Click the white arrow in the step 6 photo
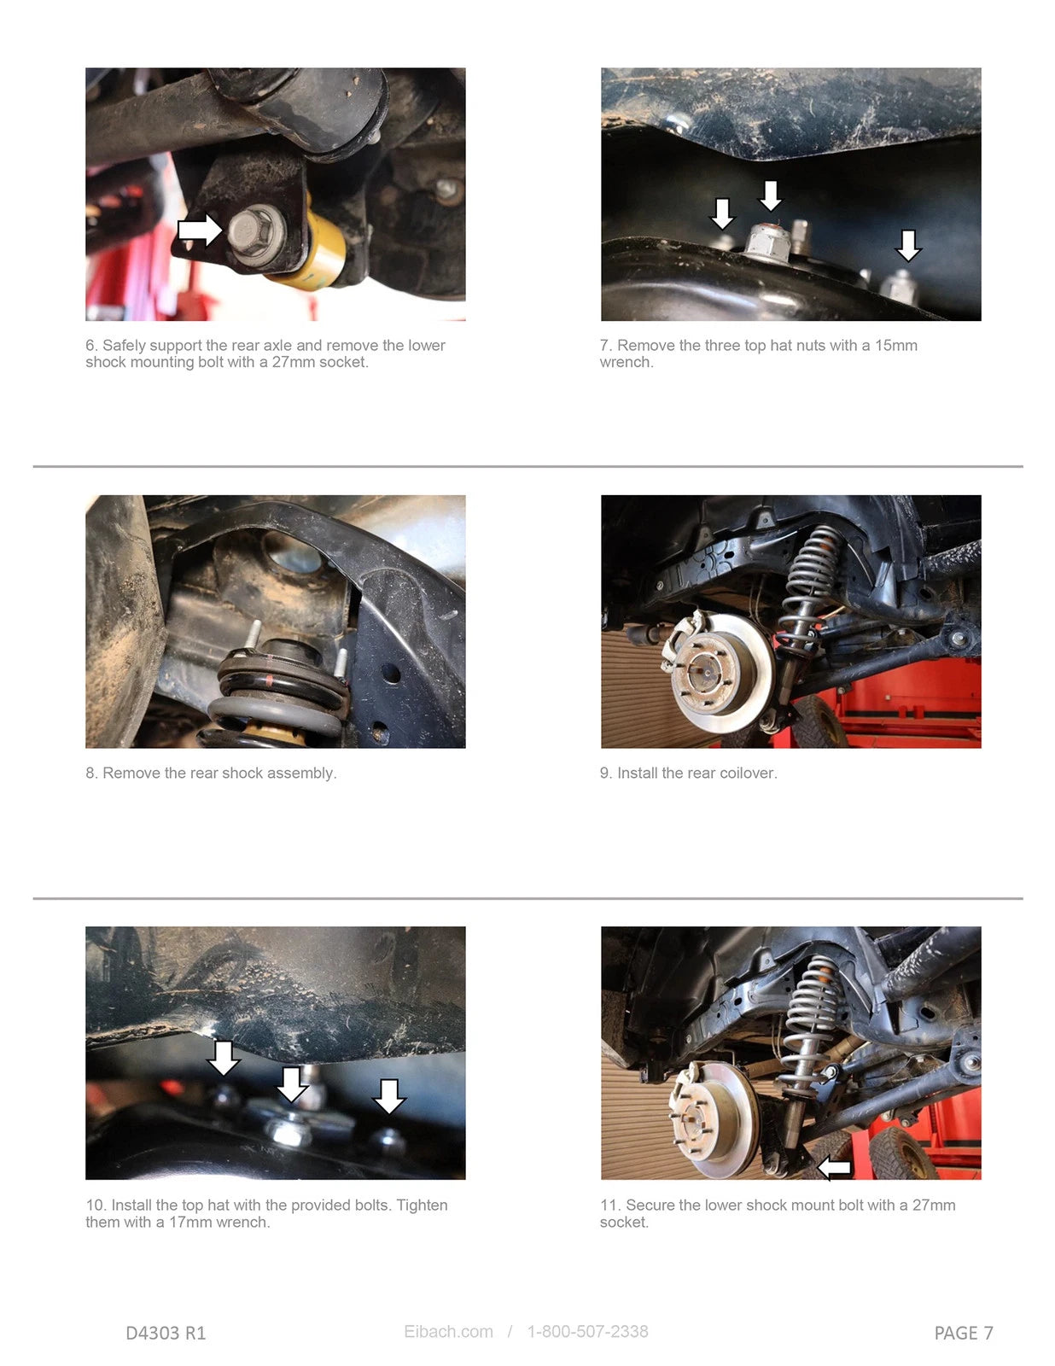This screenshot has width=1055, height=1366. coord(200,230)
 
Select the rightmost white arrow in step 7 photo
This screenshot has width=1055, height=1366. coord(908,246)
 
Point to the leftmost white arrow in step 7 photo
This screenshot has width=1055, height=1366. coord(723,213)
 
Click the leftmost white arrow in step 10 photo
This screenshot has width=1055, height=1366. coord(224,1057)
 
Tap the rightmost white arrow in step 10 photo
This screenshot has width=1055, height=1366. coord(389,1096)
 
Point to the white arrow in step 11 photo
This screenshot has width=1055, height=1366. coord(835,1167)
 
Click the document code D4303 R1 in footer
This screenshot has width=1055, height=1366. coord(166,1333)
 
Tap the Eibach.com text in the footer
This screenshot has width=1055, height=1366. coord(448,1332)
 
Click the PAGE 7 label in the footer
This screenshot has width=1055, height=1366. coord(964,1333)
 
